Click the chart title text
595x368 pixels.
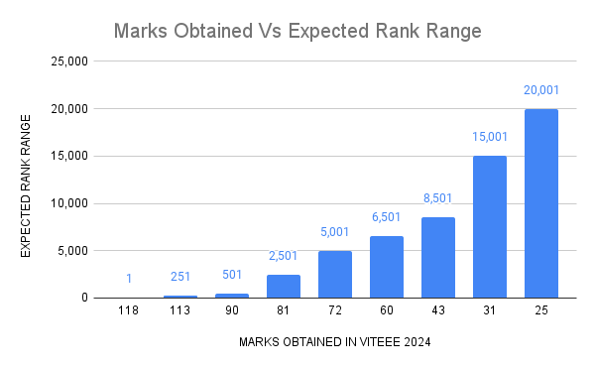tap(297, 31)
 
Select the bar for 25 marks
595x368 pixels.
tap(541, 203)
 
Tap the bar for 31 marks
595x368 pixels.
tap(490, 227)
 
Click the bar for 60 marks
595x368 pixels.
tap(387, 267)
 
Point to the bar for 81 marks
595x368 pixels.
tap(284, 287)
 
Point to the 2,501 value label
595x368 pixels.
tap(284, 257)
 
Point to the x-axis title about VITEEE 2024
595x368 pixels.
tap(334, 343)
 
